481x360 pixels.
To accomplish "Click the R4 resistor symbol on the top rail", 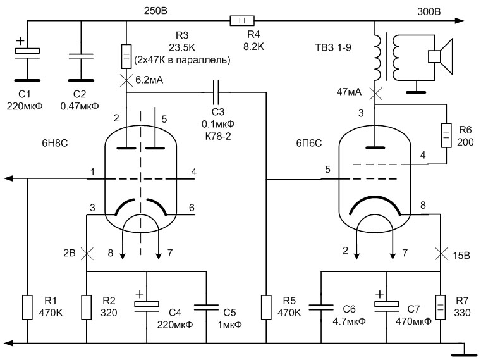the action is (x=242, y=21).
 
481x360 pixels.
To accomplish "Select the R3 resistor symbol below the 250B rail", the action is (x=126, y=56).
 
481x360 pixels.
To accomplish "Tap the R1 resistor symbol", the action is (x=27, y=307).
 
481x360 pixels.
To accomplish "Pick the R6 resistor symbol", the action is (x=446, y=135).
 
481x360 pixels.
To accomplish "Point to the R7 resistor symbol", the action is (x=441, y=307).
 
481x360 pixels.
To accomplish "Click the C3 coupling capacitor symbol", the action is (x=216, y=92).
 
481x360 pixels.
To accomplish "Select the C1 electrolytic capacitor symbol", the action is (x=27, y=53).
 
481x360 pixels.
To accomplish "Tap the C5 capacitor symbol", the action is (x=207, y=307).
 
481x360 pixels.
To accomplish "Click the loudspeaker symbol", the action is (x=441, y=56).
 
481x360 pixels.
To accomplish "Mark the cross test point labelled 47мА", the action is (x=375, y=94).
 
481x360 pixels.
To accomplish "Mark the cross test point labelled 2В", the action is (x=87, y=254).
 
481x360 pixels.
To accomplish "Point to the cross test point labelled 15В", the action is (x=441, y=254).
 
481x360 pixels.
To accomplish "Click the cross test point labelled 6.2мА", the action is (x=126, y=80).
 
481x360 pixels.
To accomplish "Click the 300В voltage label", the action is (x=429, y=11).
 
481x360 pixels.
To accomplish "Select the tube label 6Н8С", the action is (x=54, y=143).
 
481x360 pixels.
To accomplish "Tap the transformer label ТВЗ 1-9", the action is (x=333, y=47).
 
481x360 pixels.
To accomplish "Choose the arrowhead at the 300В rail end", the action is (x=460, y=21).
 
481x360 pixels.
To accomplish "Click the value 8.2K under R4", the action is (x=253, y=46).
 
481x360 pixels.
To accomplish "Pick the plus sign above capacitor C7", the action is (x=379, y=294).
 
